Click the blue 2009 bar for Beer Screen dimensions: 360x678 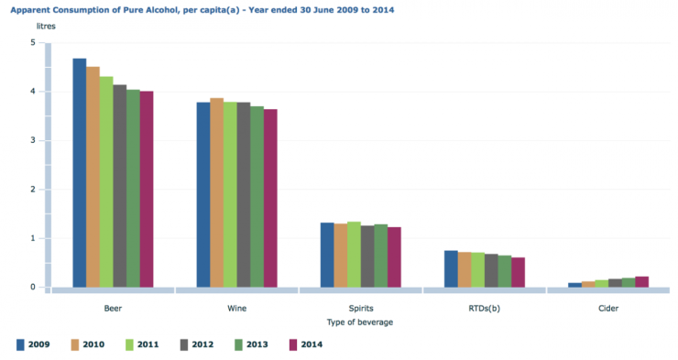[x=80, y=173]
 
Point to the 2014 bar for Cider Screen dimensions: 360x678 [x=641, y=281]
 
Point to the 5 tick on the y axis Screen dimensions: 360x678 [x=33, y=43]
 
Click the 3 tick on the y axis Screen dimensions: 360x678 [x=33, y=141]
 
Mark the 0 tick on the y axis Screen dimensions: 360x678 [x=33, y=287]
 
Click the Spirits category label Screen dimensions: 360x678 [x=361, y=309]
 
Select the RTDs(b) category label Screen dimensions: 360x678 [x=485, y=309]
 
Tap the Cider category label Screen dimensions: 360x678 [x=608, y=309]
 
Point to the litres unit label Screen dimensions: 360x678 [x=46, y=27]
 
